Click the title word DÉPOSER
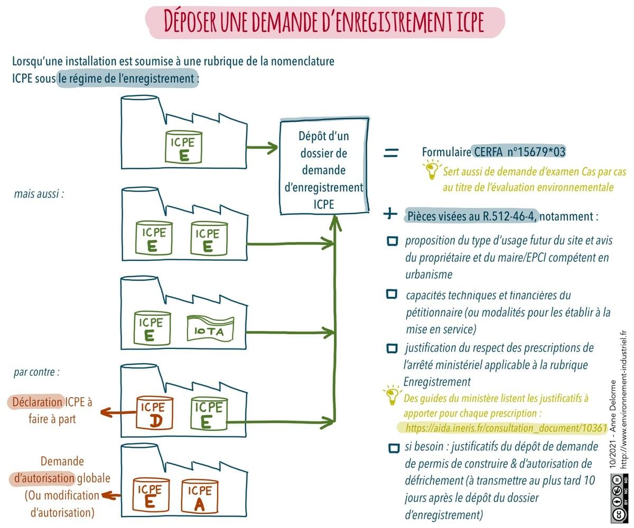[189, 22]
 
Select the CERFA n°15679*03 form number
[519, 152]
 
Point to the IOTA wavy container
[210, 330]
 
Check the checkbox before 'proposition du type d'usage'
[393, 241]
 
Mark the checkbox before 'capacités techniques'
[391, 294]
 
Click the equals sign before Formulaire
[390, 153]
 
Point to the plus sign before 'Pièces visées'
[390, 214]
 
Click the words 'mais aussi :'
[39, 194]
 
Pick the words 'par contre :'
[36, 371]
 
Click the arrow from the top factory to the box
[262, 148]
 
